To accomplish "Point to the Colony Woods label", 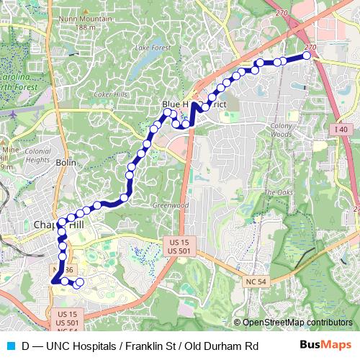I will [278, 130].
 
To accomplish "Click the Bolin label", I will [66, 163].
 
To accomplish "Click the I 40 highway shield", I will [341, 129].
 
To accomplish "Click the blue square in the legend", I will [10, 346].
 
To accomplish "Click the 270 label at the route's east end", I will [310, 48].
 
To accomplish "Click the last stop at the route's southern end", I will [79, 282].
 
